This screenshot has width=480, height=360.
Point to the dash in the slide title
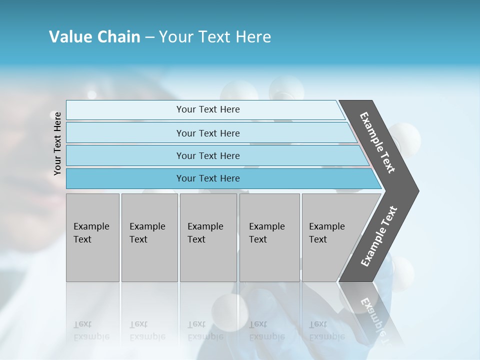(149, 37)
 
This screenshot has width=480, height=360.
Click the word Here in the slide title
(253, 37)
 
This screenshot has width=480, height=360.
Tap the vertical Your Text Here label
(57, 143)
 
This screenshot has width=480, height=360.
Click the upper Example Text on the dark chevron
(378, 142)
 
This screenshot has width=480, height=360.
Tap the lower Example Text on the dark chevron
(379, 236)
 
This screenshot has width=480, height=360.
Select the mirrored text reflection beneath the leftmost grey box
(91, 330)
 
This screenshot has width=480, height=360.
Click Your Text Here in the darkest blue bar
(208, 178)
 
